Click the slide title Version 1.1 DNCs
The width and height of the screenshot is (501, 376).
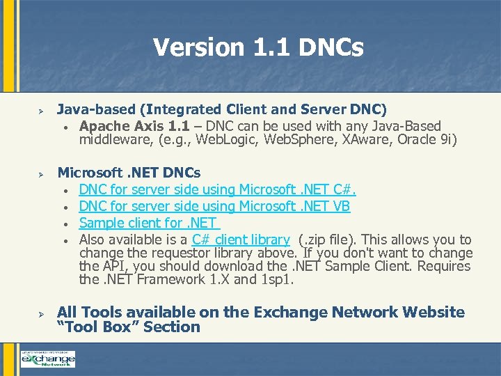coord(258,47)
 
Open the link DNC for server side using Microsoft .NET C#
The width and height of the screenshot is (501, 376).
coord(217,189)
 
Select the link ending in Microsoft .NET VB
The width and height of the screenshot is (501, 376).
coord(214,206)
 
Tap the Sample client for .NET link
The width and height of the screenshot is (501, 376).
coord(148,223)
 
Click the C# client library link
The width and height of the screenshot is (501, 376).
coord(241,240)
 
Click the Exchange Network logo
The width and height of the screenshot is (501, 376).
coord(47,359)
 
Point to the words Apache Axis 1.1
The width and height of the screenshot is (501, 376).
coord(130,126)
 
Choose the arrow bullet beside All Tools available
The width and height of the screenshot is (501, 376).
coord(41,313)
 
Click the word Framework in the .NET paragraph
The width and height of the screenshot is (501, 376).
coord(168,280)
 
